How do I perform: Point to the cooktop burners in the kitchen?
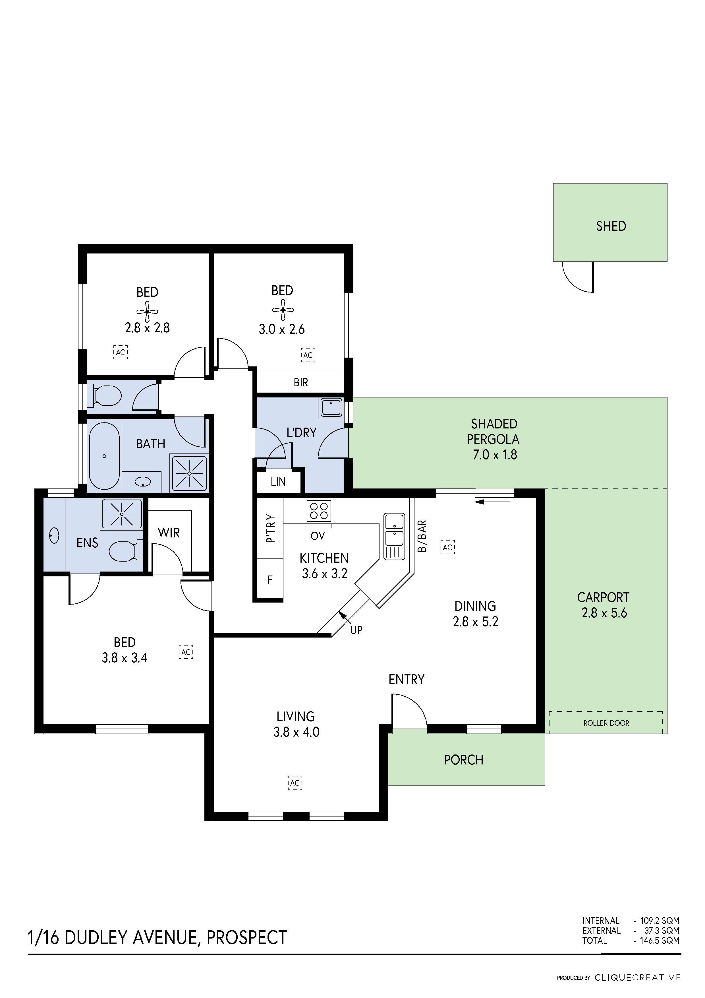[x=319, y=511]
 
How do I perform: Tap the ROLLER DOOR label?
[x=606, y=723]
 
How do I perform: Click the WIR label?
[x=169, y=533]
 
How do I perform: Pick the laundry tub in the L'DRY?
[x=331, y=408]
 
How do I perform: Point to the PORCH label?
[x=463, y=760]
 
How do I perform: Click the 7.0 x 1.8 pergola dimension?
[x=494, y=455]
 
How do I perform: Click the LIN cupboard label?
[x=278, y=482]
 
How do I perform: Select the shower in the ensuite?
[x=122, y=514]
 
